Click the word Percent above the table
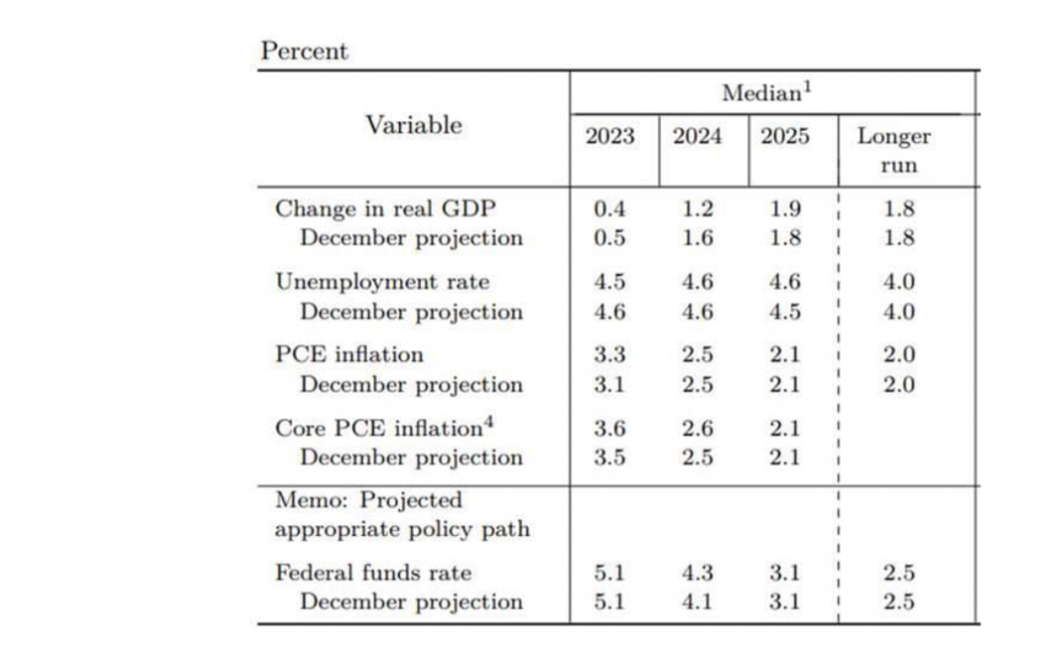click(x=304, y=51)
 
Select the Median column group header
click(x=767, y=93)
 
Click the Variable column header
click(x=413, y=125)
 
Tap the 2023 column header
click(x=610, y=137)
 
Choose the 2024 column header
click(x=696, y=137)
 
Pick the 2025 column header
click(x=785, y=137)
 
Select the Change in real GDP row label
click(x=385, y=209)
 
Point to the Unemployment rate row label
click(x=382, y=282)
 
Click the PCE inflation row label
click(x=348, y=355)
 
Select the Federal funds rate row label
click(x=373, y=573)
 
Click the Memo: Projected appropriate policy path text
click(x=401, y=514)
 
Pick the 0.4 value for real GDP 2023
click(x=610, y=209)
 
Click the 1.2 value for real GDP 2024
click(x=697, y=209)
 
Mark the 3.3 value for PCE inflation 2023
click(x=610, y=355)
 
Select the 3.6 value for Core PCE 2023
click(x=610, y=428)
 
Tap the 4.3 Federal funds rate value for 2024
click(x=697, y=573)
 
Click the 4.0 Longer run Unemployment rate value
click(x=899, y=282)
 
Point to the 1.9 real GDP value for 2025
click(x=785, y=209)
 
